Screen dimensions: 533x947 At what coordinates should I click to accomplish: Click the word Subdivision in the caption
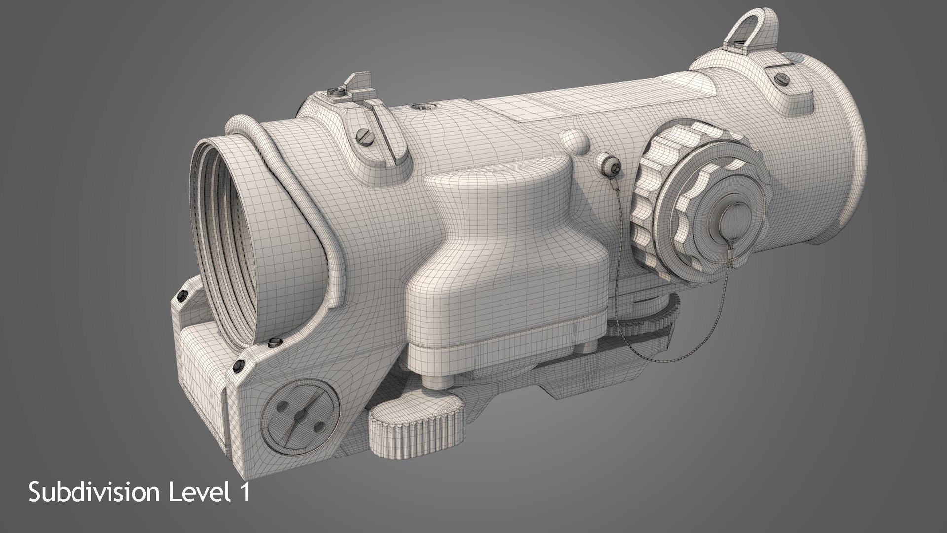pos(94,494)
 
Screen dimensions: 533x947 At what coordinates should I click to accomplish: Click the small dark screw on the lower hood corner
pos(238,364)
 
